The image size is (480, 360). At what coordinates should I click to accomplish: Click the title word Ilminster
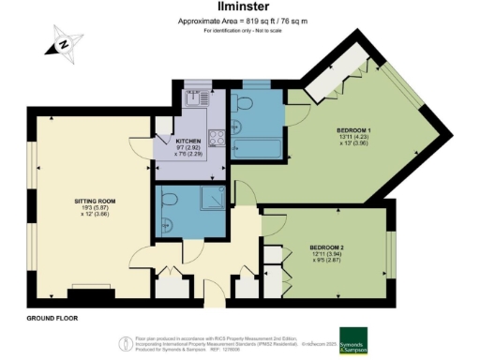pyautogui.click(x=239, y=8)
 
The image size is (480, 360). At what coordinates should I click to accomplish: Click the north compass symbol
pyautogui.click(x=63, y=44)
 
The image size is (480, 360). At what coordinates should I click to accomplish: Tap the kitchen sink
pyautogui.click(x=196, y=97)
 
